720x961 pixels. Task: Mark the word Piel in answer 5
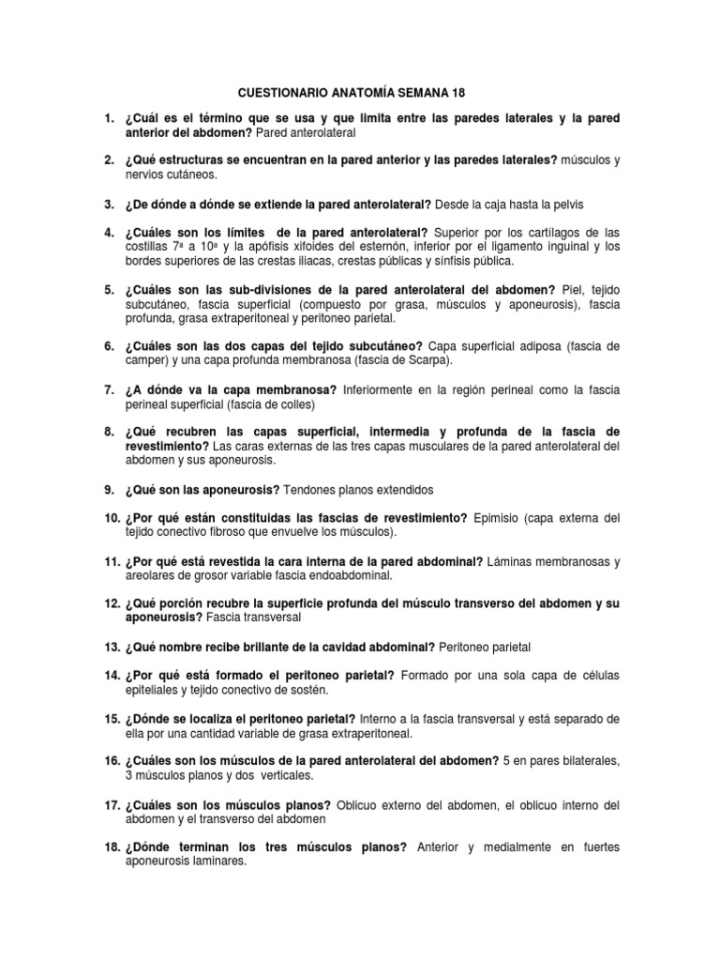[x=571, y=289]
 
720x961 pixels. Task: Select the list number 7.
[x=109, y=389]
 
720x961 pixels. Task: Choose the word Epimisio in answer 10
[x=502, y=517]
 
